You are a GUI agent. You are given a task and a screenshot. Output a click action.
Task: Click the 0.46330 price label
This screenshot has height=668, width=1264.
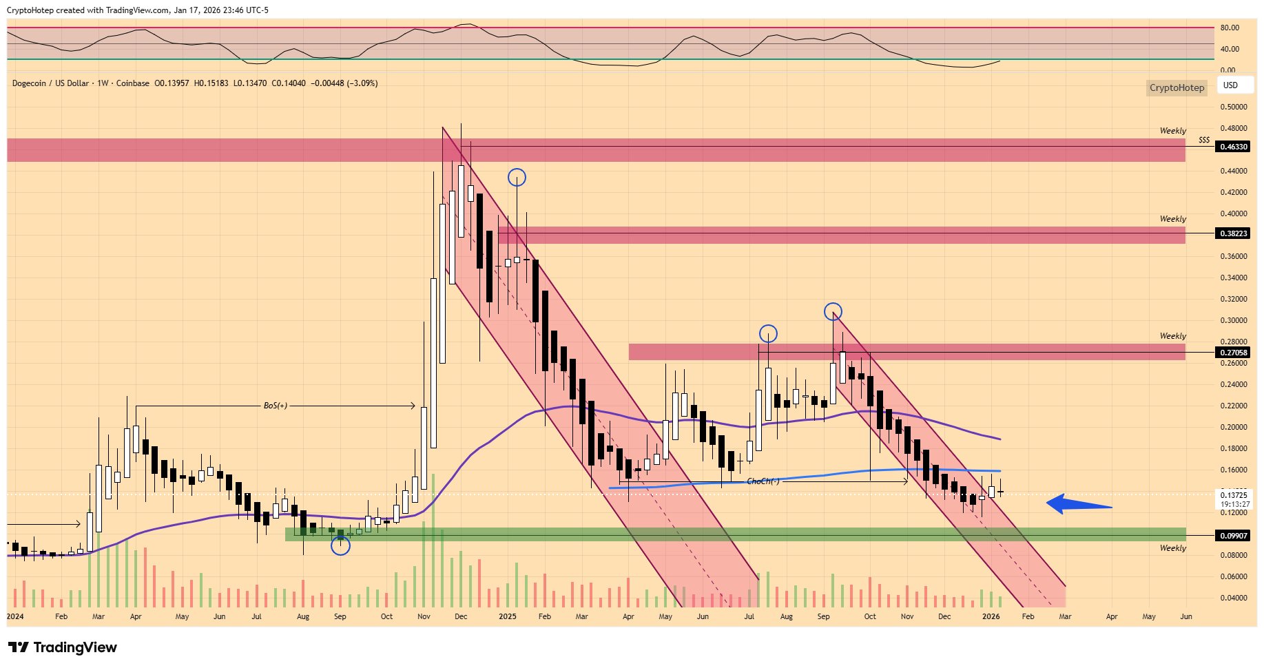pyautogui.click(x=1234, y=147)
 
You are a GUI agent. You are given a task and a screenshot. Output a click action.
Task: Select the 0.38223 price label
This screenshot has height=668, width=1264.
pyautogui.click(x=1234, y=233)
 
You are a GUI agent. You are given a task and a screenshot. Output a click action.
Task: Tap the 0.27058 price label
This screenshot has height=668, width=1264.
pyautogui.click(x=1234, y=353)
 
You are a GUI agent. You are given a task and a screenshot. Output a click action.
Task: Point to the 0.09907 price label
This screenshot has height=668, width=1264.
pyautogui.click(x=1234, y=536)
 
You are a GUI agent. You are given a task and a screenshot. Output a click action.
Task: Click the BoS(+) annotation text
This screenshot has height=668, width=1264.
pyautogui.click(x=276, y=406)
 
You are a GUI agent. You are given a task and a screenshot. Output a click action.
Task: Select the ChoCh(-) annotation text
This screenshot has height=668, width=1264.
pyautogui.click(x=763, y=481)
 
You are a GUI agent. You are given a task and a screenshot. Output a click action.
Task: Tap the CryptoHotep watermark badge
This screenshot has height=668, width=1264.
pyautogui.click(x=1177, y=87)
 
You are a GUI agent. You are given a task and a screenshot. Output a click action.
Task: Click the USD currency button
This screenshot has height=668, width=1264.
pyautogui.click(x=1230, y=85)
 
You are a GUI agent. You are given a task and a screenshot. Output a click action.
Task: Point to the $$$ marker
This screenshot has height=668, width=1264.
pyautogui.click(x=1204, y=140)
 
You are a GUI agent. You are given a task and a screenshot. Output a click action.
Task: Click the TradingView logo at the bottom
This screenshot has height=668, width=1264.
pyautogui.click(x=63, y=647)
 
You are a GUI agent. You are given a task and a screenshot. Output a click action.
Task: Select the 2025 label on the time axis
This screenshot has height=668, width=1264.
pyautogui.click(x=508, y=616)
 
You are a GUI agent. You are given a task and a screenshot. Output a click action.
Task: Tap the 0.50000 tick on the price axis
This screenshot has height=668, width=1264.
pyautogui.click(x=1234, y=107)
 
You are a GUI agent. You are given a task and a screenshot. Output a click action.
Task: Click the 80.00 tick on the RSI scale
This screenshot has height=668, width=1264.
pyautogui.click(x=1230, y=28)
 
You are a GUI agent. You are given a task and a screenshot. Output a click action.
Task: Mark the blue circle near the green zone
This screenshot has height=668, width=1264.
pyautogui.click(x=340, y=546)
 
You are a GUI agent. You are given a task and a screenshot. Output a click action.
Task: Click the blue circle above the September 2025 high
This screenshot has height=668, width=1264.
pyautogui.click(x=833, y=311)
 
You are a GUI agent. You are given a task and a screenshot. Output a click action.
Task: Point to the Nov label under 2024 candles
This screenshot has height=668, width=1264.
pyautogui.click(x=424, y=616)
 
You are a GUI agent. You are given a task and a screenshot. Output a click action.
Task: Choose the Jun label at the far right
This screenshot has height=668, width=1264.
pyautogui.click(x=1185, y=616)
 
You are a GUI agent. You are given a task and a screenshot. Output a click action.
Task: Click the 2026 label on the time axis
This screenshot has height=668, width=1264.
pyautogui.click(x=991, y=616)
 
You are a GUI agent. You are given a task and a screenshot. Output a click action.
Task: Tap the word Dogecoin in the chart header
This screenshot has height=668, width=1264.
pyautogui.click(x=29, y=83)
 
